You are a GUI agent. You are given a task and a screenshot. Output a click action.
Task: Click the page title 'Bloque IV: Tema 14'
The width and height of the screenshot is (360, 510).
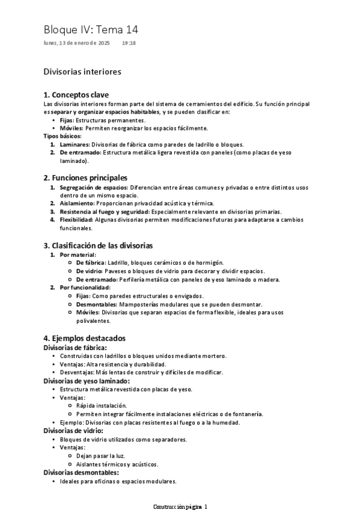pyautogui.click(x=91, y=29)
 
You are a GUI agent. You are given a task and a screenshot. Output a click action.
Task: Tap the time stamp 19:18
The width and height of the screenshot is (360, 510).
pyautogui.click(x=128, y=43)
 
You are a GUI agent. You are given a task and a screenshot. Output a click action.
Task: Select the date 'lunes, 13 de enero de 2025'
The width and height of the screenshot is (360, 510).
pyautogui.click(x=77, y=43)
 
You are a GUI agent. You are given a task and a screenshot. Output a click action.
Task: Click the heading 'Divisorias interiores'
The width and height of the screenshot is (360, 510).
pyautogui.click(x=82, y=72)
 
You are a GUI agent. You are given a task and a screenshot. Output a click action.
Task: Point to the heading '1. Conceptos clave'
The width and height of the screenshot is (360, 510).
pyautogui.click(x=76, y=95)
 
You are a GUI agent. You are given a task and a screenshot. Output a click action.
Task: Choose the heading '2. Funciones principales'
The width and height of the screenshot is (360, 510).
pyautogui.click(x=85, y=178)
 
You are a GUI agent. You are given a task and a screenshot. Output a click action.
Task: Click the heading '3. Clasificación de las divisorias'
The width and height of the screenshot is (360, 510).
pyautogui.click(x=99, y=245)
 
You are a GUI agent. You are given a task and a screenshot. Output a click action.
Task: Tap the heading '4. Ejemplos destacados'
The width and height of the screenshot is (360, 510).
pyautogui.click(x=85, y=339)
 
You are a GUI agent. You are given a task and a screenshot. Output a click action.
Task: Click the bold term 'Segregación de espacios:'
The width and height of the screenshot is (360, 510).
pyautogui.click(x=93, y=188)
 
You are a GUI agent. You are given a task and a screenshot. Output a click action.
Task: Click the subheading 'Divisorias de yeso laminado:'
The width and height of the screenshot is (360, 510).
pyautogui.click(x=87, y=381)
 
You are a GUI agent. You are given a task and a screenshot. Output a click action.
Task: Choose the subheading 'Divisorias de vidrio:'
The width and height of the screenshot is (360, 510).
pyautogui.click(x=74, y=431)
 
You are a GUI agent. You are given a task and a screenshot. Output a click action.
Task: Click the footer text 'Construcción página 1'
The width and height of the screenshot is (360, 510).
pyautogui.click(x=180, y=506)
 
